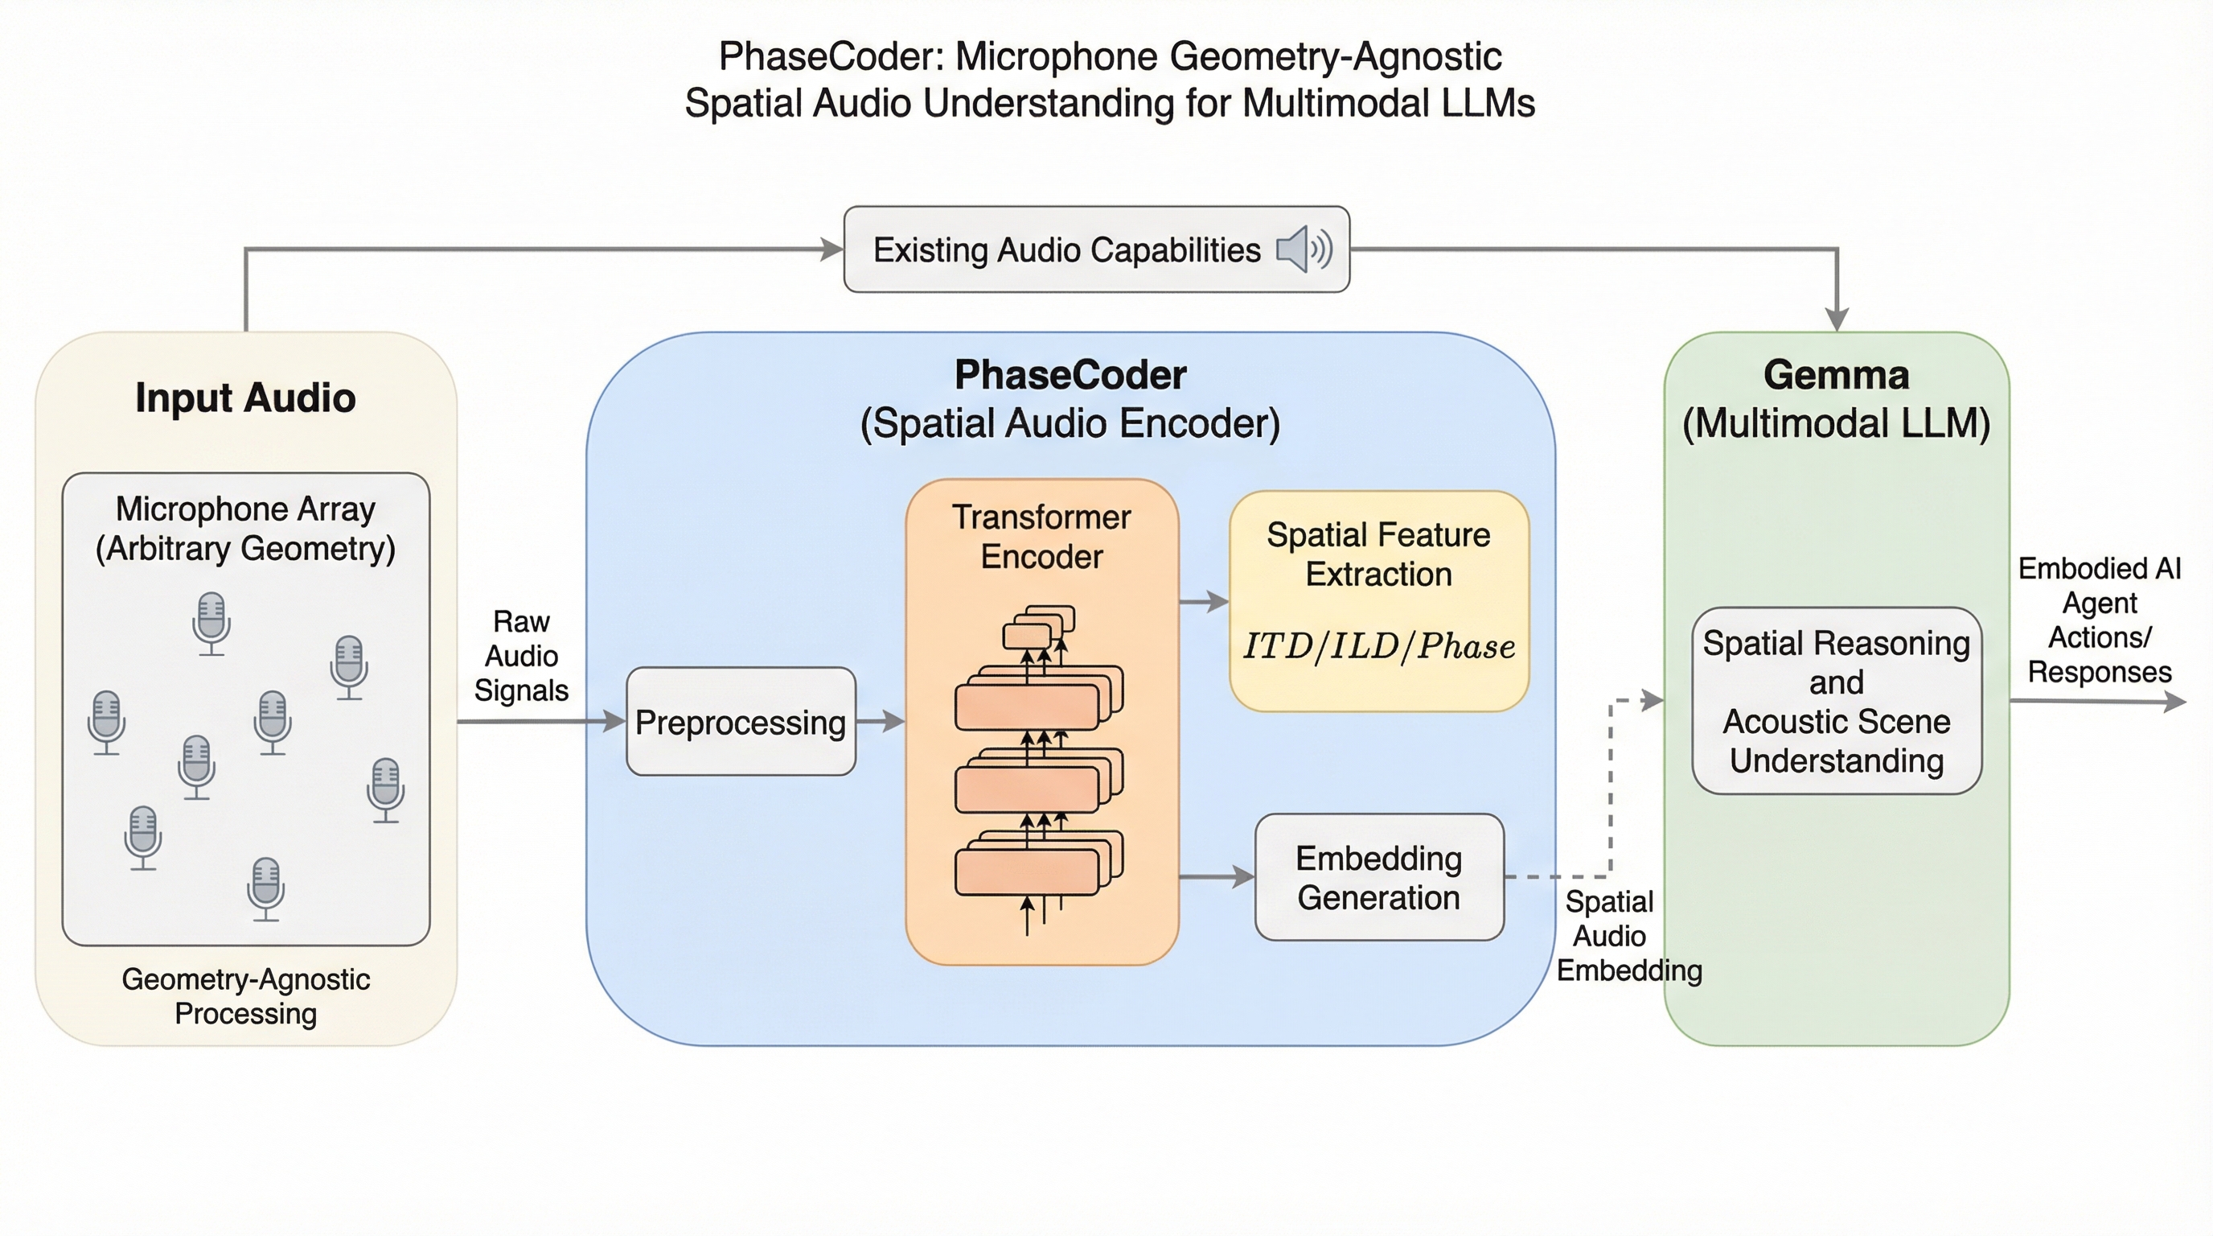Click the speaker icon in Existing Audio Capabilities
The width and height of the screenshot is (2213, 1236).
tap(1304, 249)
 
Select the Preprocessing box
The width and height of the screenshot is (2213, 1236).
tap(741, 722)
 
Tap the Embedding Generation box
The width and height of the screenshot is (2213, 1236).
tap(1379, 878)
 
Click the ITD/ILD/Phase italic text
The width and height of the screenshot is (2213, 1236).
tap(1379, 646)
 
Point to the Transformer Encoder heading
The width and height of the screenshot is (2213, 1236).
tap(1041, 538)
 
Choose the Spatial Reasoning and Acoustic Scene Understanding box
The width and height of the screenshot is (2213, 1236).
tap(1837, 702)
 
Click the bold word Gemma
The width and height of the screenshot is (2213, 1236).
tap(1837, 375)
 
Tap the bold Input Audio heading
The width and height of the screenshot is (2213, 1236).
tap(246, 398)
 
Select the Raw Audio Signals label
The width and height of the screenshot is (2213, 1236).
tap(521, 656)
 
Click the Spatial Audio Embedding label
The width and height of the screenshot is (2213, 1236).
tap(1615, 936)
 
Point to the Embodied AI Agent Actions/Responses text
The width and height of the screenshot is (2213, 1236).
tap(2100, 620)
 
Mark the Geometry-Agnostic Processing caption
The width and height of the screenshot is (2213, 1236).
tap(246, 996)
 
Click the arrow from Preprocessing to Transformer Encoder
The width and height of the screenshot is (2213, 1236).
tap(881, 722)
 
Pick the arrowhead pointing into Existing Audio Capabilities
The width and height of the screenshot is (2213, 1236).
tap(831, 249)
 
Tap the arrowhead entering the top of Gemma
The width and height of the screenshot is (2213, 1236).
tap(1837, 319)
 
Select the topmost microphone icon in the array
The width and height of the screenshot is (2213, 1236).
tap(211, 622)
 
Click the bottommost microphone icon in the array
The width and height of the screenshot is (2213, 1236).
tap(265, 888)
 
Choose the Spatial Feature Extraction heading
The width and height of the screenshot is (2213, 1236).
tap(1379, 554)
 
